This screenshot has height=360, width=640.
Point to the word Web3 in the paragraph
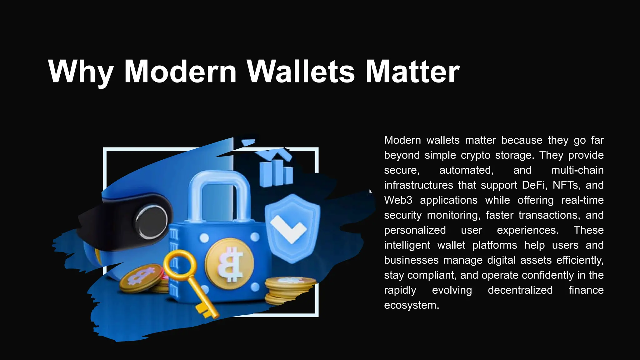tap(398, 200)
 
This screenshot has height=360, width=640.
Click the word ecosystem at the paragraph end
tap(411, 305)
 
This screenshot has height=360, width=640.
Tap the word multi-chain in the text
tap(577, 170)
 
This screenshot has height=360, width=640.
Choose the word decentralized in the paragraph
tap(520, 290)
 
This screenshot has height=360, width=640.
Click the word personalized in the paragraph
tap(415, 230)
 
